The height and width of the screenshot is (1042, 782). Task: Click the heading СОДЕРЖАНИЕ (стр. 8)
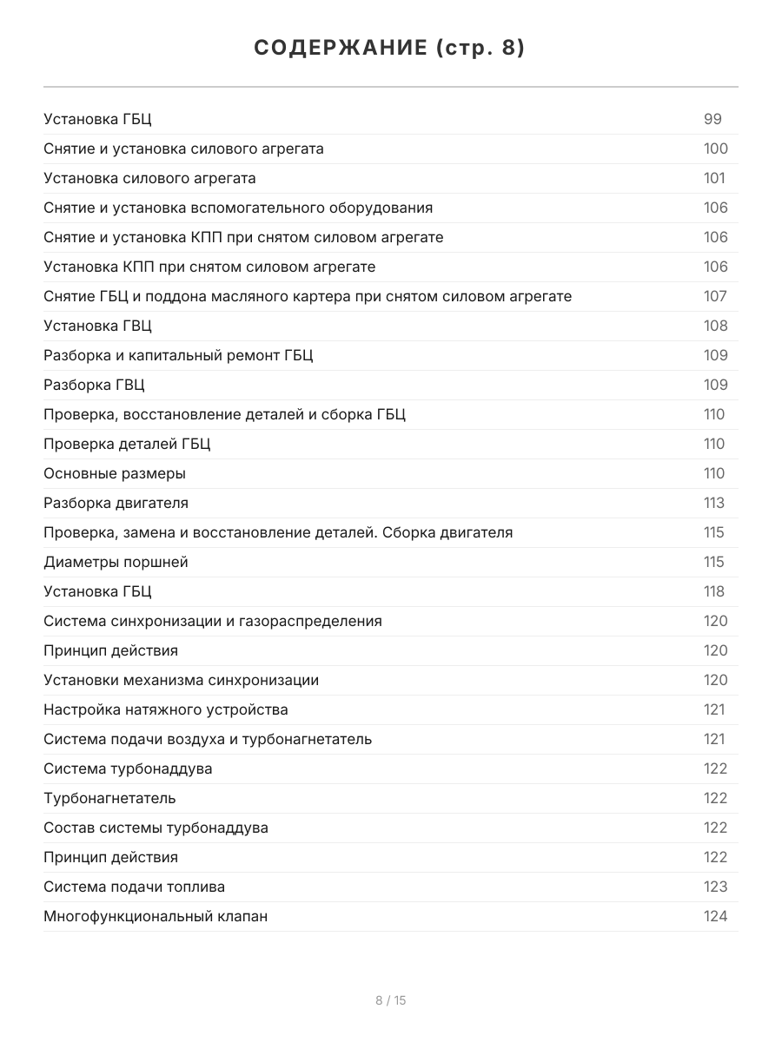(390, 49)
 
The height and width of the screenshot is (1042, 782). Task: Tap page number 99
(712, 119)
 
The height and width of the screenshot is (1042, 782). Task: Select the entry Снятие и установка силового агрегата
(183, 148)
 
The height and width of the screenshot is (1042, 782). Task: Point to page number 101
(714, 178)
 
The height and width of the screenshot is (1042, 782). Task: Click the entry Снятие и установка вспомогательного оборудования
(238, 208)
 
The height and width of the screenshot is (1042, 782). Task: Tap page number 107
(715, 296)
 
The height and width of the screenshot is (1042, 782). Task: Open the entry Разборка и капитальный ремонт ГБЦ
(178, 355)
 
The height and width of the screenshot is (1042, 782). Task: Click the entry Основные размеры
(115, 473)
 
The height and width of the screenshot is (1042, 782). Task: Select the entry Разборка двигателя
(116, 503)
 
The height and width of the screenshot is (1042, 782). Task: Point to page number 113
(714, 503)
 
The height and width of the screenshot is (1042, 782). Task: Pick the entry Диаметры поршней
(116, 562)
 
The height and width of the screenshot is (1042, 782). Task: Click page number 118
(714, 591)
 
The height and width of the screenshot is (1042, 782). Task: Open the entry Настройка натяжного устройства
(166, 709)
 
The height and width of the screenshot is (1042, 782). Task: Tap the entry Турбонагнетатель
(109, 798)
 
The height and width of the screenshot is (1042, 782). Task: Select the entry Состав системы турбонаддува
(156, 828)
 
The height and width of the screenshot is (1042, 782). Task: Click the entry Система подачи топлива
(134, 887)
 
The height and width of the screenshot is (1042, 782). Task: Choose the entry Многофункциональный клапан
(156, 916)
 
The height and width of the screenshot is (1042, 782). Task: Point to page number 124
(715, 916)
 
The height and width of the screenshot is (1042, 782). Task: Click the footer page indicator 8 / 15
(390, 1000)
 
